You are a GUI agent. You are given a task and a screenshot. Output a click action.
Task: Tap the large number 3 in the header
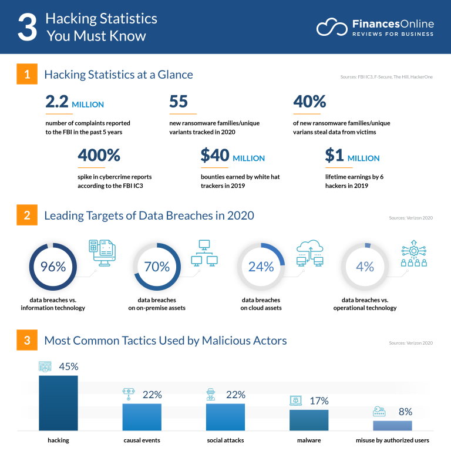pos(27,28)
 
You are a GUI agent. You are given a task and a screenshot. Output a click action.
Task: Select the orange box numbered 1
pos(27,75)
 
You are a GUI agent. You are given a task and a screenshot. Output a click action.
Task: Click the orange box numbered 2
pos(27,216)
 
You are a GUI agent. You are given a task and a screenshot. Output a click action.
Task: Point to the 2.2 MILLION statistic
pos(75,103)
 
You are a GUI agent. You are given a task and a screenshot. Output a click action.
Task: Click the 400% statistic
pos(99,156)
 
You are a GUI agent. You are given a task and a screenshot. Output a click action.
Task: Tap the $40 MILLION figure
pos(233,156)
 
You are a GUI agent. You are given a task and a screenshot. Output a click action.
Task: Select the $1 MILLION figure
pos(352,156)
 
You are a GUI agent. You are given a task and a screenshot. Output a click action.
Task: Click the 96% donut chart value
pos(53,267)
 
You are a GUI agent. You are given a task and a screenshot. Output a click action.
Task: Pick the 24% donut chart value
pos(261,267)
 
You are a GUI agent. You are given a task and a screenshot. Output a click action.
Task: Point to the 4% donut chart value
pos(365,267)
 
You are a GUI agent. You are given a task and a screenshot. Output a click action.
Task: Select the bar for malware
pos(309,420)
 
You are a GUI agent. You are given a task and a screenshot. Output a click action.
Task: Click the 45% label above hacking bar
pos(68,366)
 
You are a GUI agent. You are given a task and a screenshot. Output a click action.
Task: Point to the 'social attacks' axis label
pos(225,440)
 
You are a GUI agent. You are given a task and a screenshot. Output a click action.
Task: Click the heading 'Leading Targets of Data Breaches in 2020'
pos(149,216)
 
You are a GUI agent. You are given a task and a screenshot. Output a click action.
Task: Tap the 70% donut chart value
pos(157,267)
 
